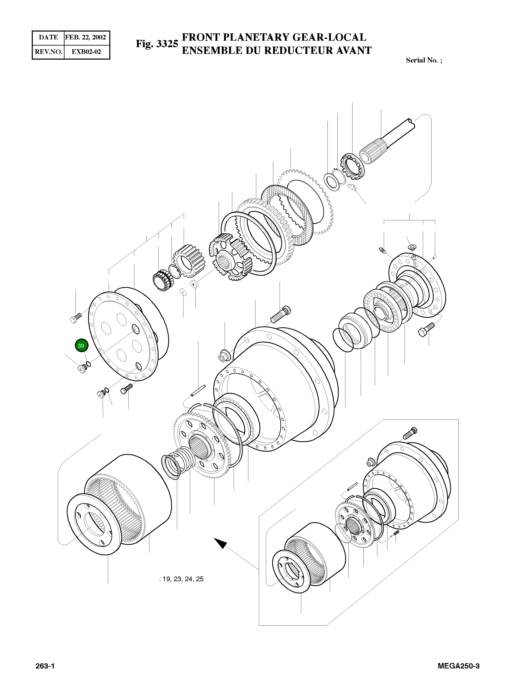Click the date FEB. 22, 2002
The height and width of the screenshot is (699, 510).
[85, 38]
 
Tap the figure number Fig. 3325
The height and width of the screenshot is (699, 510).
[157, 44]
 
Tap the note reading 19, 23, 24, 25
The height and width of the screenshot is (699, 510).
[182, 579]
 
